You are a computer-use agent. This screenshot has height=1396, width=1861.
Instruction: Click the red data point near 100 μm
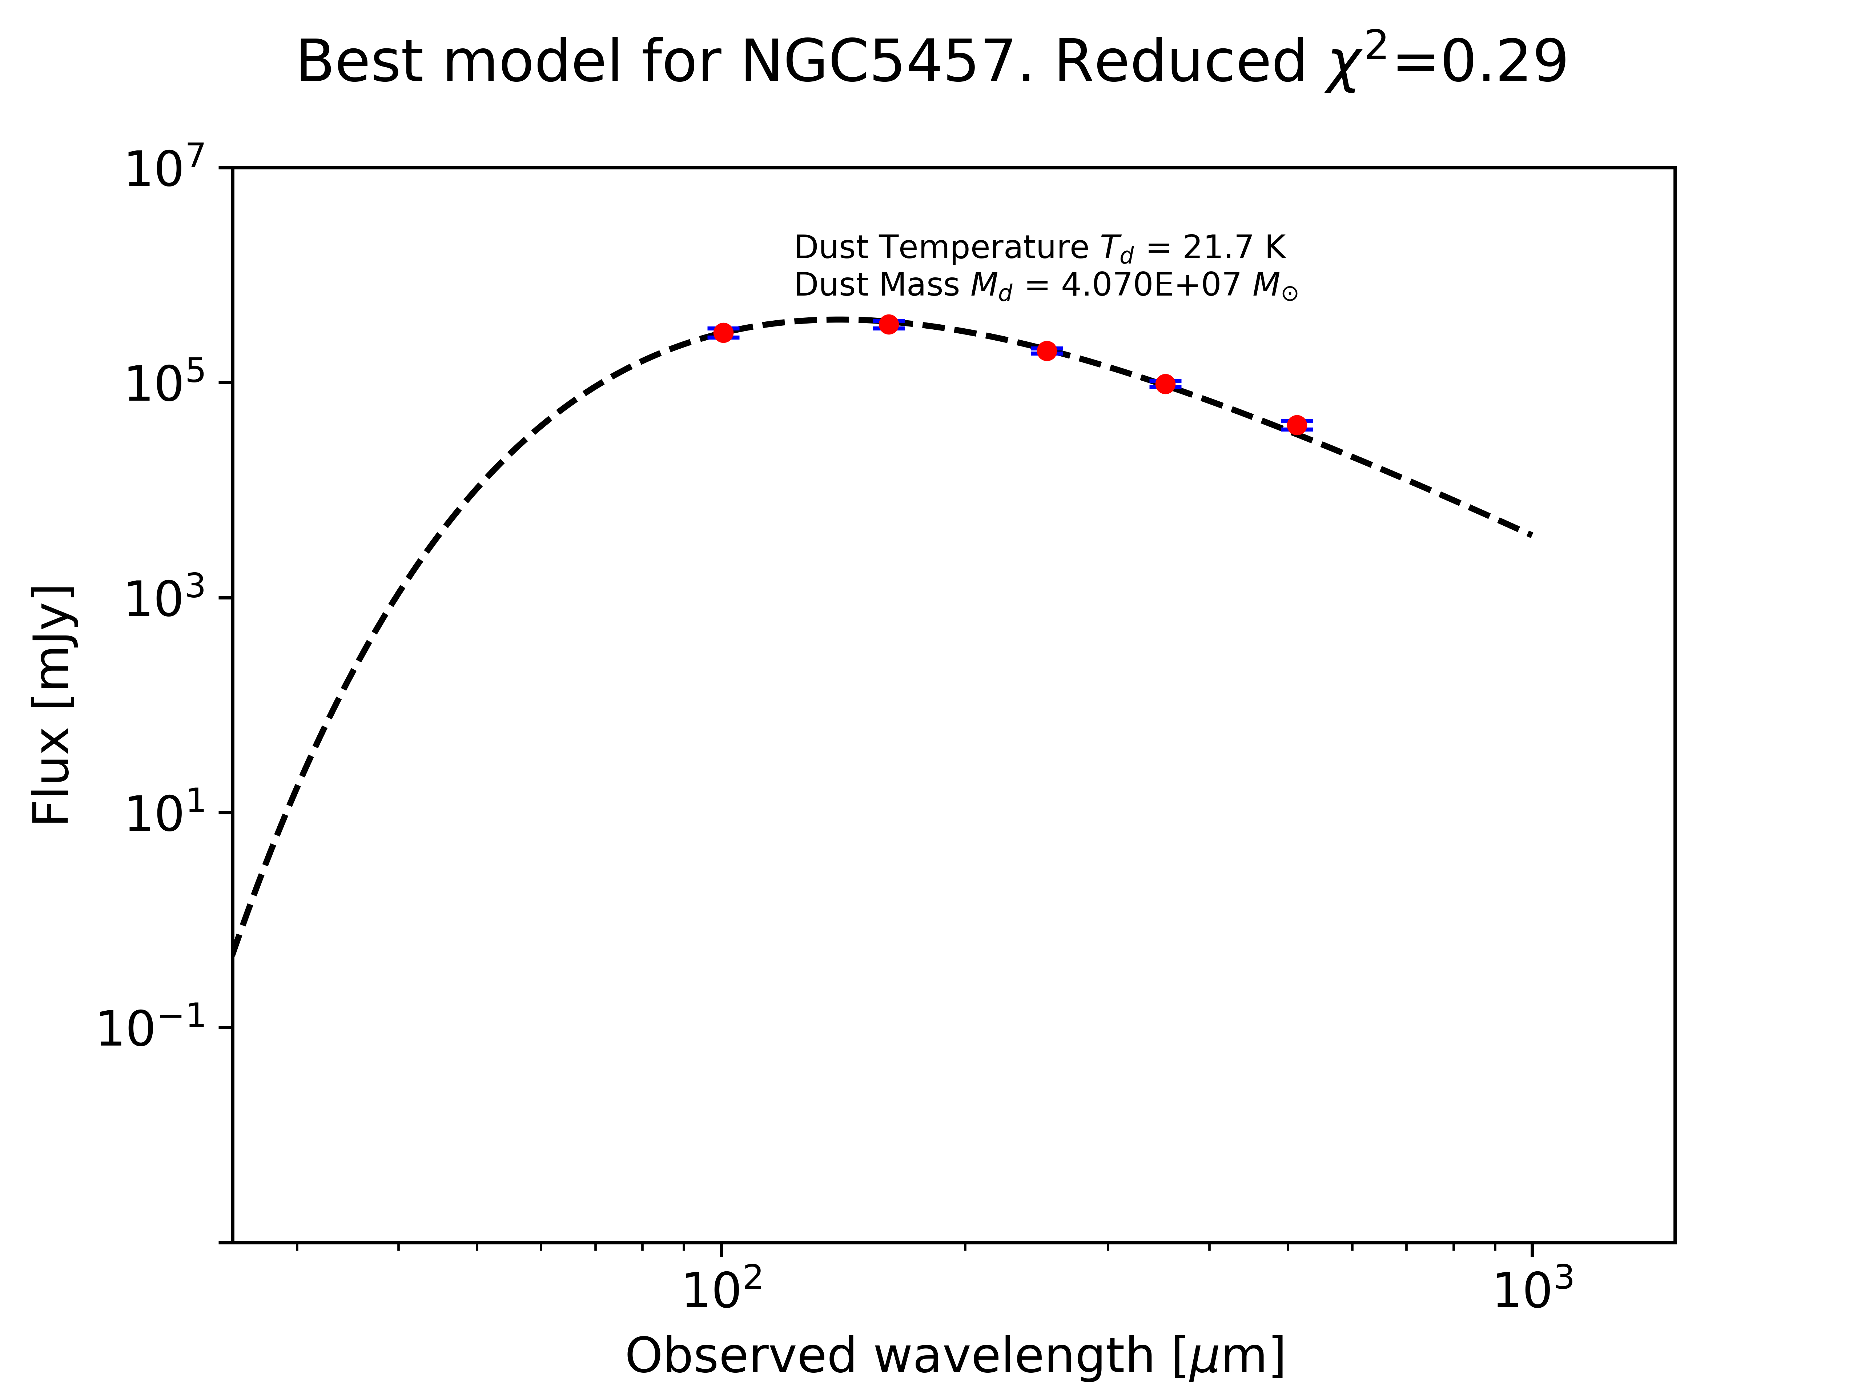pyautogui.click(x=723, y=332)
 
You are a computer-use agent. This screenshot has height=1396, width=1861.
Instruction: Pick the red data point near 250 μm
pyautogui.click(x=1046, y=351)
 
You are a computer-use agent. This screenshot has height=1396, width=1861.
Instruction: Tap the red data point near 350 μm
pyautogui.click(x=1165, y=384)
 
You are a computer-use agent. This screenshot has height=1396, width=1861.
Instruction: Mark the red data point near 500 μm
pyautogui.click(x=1297, y=425)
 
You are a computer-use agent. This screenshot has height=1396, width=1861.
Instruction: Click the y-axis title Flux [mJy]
pyautogui.click(x=52, y=705)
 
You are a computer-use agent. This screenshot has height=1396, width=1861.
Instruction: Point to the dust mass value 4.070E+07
pyautogui.click(x=1150, y=285)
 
